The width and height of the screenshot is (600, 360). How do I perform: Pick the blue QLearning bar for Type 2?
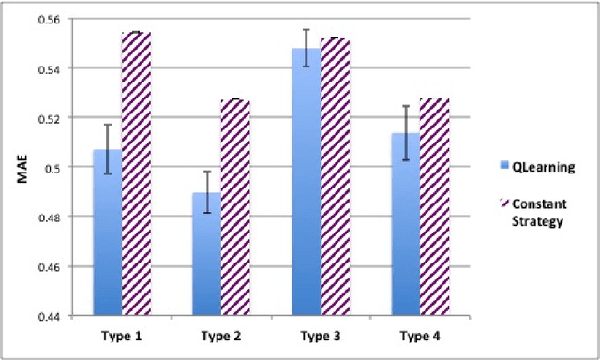tap(206, 254)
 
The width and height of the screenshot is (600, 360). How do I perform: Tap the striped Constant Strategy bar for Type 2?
tap(235, 207)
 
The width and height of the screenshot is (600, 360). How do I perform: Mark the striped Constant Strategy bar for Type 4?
tap(434, 207)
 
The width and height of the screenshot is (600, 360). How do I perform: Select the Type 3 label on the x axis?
tap(320, 333)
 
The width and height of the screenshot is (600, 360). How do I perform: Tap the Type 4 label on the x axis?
tap(419, 333)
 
